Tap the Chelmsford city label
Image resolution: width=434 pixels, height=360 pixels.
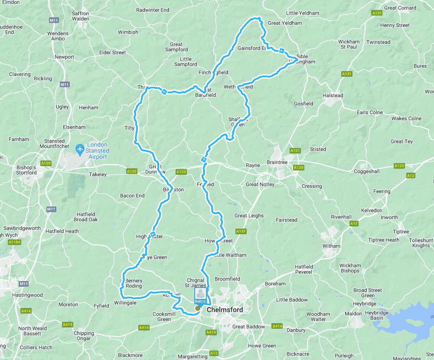(x=225, y=310)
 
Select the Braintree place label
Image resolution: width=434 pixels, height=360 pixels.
(x=277, y=162)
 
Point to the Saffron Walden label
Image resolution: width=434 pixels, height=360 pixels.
(x=80, y=16)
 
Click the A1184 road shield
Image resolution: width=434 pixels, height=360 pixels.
(x=14, y=242)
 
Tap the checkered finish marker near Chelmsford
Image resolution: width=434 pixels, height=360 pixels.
(x=198, y=308)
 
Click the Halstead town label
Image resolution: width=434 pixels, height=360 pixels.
(x=333, y=95)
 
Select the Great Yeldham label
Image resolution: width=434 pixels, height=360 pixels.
(x=285, y=23)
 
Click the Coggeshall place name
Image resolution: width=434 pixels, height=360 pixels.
(x=366, y=171)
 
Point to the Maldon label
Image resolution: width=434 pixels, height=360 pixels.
(x=353, y=314)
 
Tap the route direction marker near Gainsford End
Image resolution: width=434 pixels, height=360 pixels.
(x=282, y=50)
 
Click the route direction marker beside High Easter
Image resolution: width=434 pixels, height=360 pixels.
(x=153, y=234)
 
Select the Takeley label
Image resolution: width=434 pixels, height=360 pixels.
(x=98, y=174)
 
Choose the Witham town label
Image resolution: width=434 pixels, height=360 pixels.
(x=331, y=246)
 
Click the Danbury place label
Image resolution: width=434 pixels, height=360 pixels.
(x=296, y=330)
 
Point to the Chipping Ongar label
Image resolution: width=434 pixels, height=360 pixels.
(x=84, y=336)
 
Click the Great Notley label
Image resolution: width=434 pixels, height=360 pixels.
(x=260, y=184)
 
